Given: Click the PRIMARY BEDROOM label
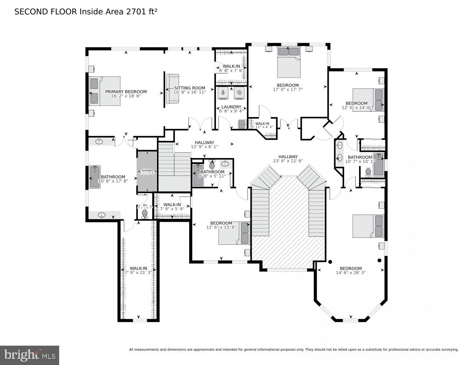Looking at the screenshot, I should (x=126, y=92).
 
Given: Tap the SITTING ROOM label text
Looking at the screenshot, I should (x=190, y=88).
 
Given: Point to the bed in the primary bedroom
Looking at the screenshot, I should (x=105, y=91).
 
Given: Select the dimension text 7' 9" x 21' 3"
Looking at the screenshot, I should (x=138, y=272).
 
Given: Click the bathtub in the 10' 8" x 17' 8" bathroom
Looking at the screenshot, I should (x=95, y=177).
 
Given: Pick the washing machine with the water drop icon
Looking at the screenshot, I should (x=223, y=93).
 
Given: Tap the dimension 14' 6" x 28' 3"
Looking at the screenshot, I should (x=350, y=272).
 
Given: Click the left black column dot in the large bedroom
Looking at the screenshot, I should (x=330, y=261).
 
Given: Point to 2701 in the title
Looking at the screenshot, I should (x=134, y=12).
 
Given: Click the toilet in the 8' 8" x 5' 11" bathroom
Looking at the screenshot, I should (x=212, y=165).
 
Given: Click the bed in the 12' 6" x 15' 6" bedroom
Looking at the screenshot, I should (x=234, y=233).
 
